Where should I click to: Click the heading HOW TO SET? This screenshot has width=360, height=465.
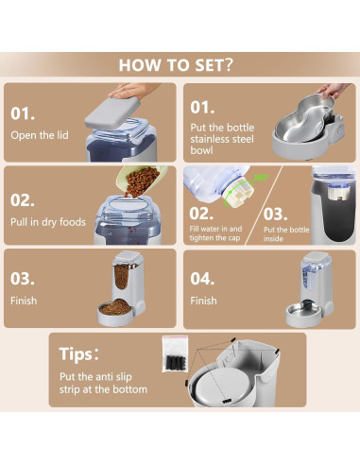176,64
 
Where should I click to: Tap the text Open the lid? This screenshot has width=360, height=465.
40,135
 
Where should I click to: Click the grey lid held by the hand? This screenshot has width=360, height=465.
112,112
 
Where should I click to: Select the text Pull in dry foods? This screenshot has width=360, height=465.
48,222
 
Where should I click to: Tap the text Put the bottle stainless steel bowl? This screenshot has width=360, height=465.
222,139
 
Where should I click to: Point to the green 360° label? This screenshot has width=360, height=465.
261,177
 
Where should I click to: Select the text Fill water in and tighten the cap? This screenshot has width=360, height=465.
215,233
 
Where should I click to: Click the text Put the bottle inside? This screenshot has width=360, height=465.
286,234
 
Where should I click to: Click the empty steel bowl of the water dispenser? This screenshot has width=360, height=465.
303,312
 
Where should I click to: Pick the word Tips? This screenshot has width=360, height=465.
76,354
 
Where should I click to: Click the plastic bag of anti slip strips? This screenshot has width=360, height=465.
175,354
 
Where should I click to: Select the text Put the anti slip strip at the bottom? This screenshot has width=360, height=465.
103,383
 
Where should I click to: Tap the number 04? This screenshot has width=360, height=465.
202,279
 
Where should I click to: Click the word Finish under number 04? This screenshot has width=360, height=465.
203,301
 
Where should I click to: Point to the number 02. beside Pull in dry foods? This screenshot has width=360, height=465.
23,200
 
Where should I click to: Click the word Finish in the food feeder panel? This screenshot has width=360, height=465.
24,301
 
